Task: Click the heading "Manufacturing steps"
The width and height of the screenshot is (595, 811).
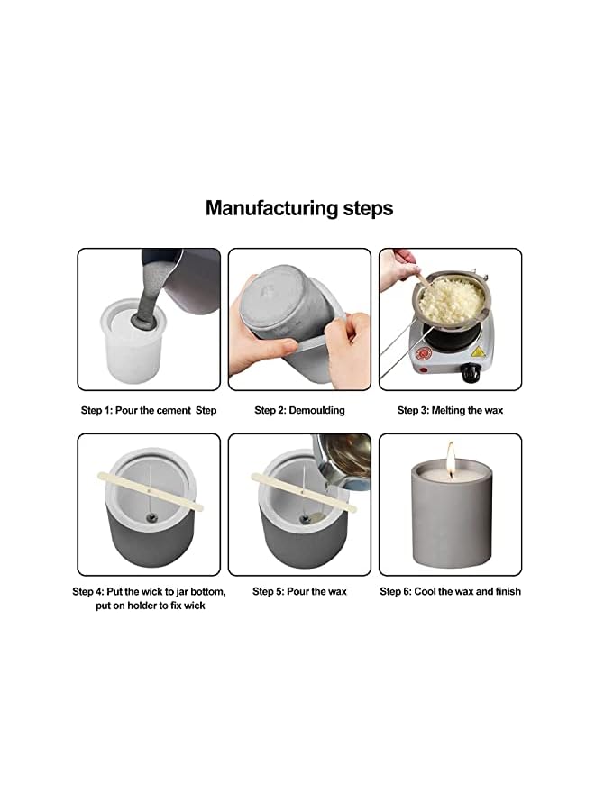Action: pyautogui.click(x=298, y=208)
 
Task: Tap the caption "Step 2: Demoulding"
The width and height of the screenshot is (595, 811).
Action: pyautogui.click(x=299, y=410)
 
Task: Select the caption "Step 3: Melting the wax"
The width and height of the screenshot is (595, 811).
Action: pyautogui.click(x=450, y=410)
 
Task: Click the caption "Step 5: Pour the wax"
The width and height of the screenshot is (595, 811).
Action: pyautogui.click(x=299, y=591)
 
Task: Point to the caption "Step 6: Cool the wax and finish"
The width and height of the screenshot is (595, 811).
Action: pyautogui.click(x=450, y=591)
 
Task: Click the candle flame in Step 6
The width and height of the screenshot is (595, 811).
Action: pyautogui.click(x=450, y=456)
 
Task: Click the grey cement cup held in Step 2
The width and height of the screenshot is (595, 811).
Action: pyautogui.click(x=288, y=306)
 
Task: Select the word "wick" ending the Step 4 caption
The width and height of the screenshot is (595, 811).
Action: pyautogui.click(x=194, y=606)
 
